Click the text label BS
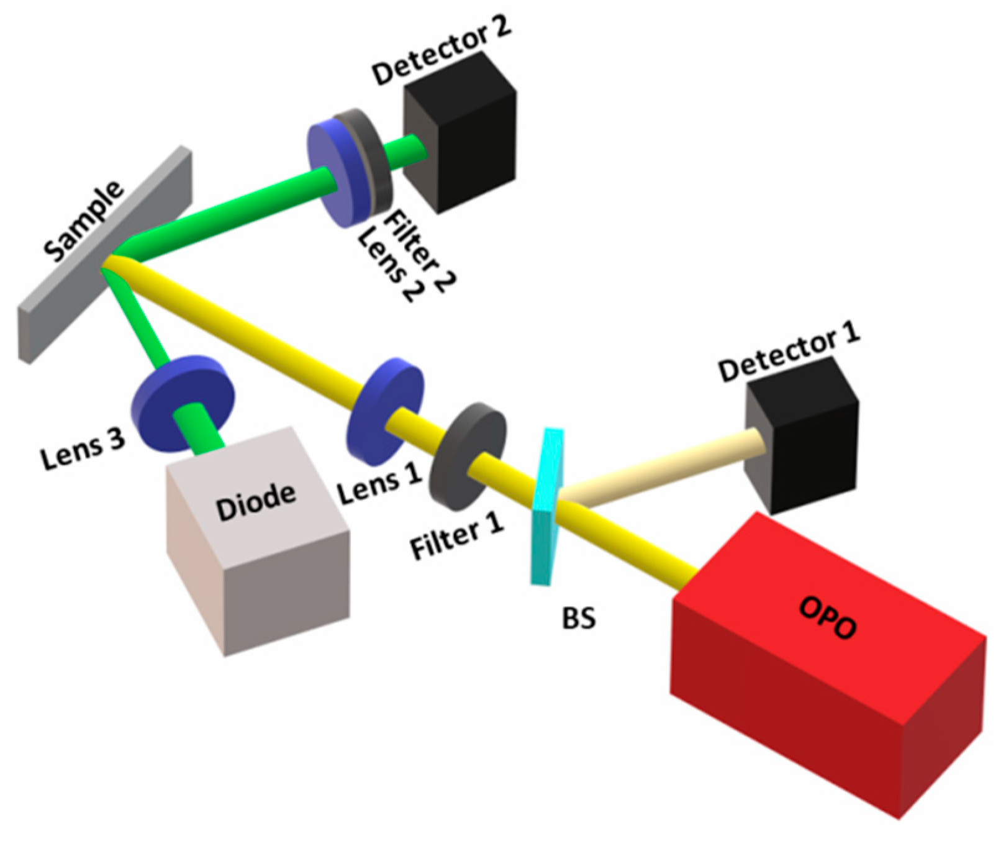point(579,618)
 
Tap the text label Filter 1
point(457,538)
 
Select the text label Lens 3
point(83,449)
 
